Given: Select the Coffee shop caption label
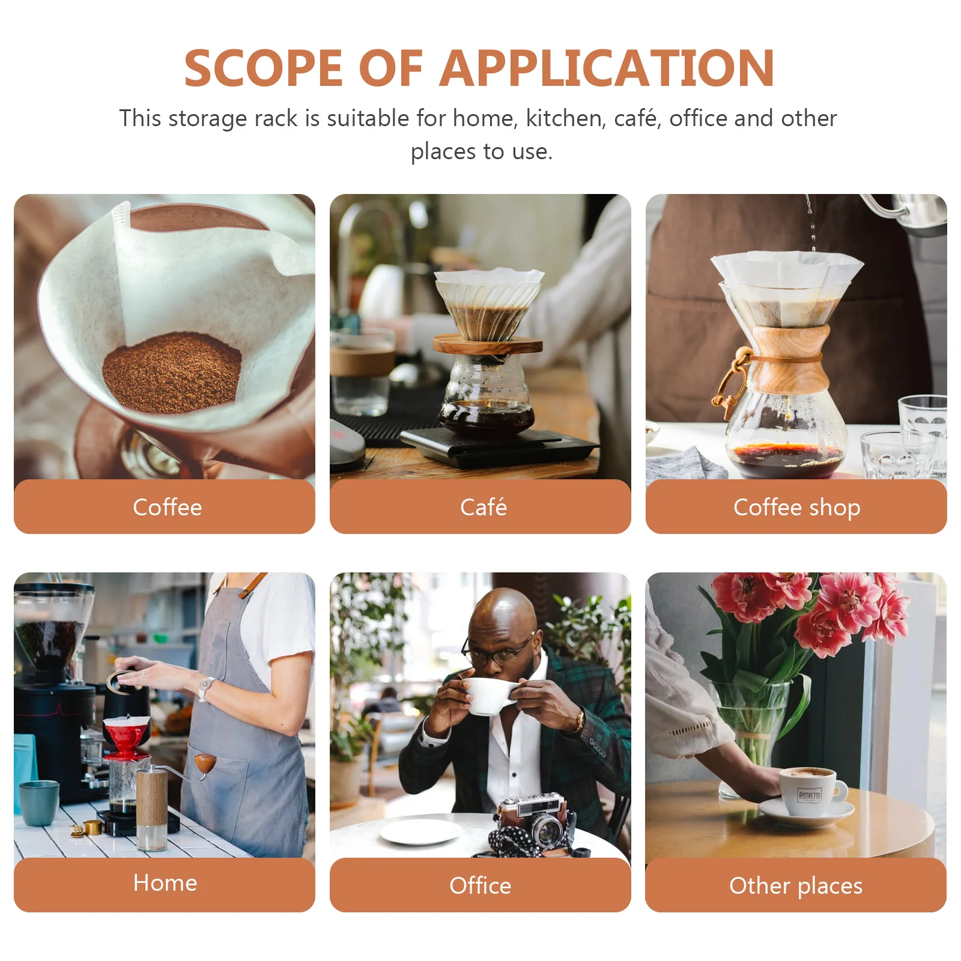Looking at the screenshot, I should click(x=796, y=508).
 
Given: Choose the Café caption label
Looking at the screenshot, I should click(x=483, y=508).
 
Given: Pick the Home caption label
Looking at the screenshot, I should click(x=165, y=883).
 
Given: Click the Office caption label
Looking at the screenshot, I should click(x=480, y=886).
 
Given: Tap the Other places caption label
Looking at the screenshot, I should click(x=795, y=886).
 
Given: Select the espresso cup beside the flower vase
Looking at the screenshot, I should click(x=811, y=791).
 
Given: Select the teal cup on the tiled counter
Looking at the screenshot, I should click(x=39, y=802).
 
